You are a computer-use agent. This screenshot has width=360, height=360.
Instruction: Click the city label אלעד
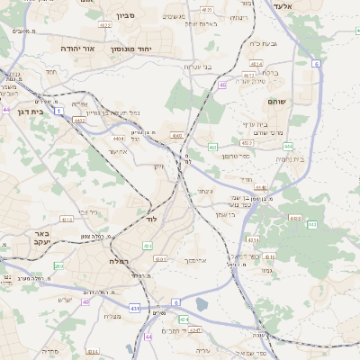(333, 6)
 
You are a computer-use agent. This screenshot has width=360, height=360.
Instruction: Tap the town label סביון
(124, 15)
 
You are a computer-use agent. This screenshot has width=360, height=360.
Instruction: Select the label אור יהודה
(76, 47)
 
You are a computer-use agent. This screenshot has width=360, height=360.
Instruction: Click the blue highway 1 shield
(58, 112)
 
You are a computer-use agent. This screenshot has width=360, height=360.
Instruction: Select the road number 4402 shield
(79, 120)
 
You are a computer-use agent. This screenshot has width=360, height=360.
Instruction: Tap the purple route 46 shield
(221, 85)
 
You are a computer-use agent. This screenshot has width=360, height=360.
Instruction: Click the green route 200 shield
(59, 266)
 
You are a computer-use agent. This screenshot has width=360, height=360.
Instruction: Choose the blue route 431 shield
(134, 308)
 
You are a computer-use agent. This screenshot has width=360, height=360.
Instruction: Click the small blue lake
(201, 304)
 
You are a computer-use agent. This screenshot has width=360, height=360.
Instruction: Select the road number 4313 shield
(67, 219)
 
